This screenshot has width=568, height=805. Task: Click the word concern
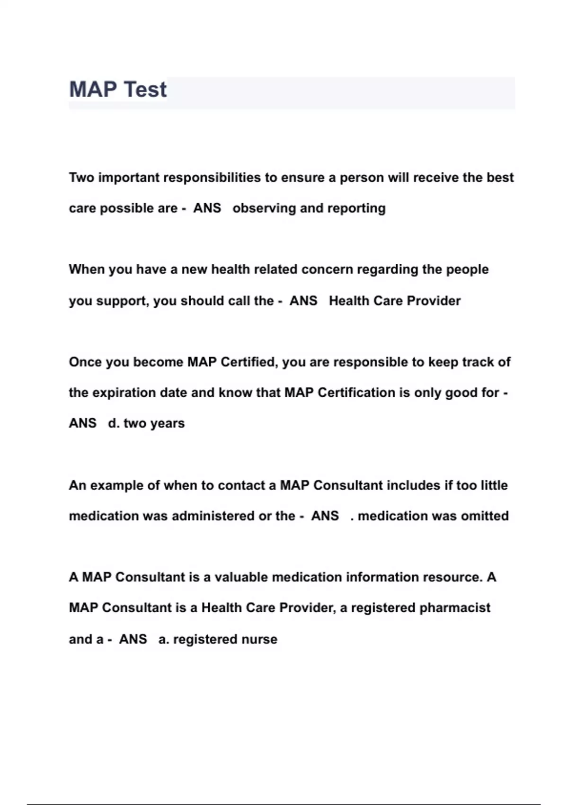[327, 269]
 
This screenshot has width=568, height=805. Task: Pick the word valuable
[241, 577]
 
